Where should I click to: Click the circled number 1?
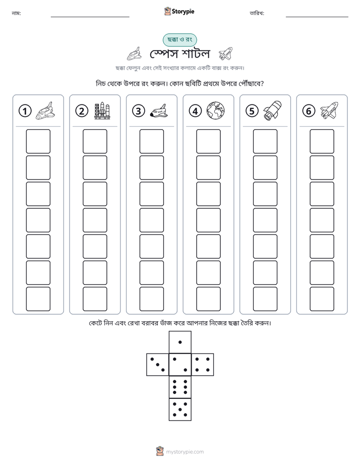pos(25,111)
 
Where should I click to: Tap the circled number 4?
pos(195,111)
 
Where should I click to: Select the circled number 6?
pos(309,111)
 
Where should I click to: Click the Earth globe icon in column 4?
pos(216,110)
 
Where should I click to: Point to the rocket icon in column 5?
pos(272,110)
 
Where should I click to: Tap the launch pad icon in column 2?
pos(102,111)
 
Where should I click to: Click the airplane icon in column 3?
pos(159,111)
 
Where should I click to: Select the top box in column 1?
pos(38,141)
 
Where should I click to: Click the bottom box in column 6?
pos(322,299)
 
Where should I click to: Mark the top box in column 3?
pos(151,141)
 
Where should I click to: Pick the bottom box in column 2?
pos(95,299)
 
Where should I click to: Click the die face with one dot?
pos(180,342)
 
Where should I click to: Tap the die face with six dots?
pos(180,387)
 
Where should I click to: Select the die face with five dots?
pos(180,409)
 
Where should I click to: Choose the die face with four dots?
pos(203,364)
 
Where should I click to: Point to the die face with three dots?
pos(158,364)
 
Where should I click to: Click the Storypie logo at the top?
pos(179,11)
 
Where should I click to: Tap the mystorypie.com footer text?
pos(185,452)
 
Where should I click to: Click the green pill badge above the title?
pos(179,40)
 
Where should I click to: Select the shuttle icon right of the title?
pos(225,53)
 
